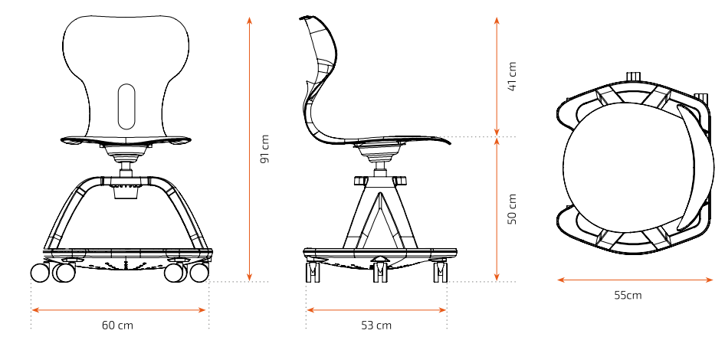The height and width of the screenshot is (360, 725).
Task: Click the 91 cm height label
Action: pyautogui.click(x=264, y=149)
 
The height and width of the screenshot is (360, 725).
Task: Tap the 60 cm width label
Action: pyautogui.click(x=117, y=326)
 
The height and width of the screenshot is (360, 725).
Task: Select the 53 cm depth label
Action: pyautogui.click(x=376, y=326)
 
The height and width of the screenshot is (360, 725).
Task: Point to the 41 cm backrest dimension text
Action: pyautogui.click(x=512, y=77)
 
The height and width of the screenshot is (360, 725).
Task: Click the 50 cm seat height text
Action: pyautogui.click(x=512, y=209)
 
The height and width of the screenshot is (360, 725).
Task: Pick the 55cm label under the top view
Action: pyautogui.click(x=628, y=295)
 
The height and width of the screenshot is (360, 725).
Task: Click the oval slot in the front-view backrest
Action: pyautogui.click(x=126, y=106)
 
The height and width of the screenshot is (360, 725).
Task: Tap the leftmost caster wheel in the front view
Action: pyautogui.click(x=40, y=273)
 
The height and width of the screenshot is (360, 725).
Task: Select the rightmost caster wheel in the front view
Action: pyautogui.click(x=199, y=273)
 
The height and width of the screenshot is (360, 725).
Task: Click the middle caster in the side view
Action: pyautogui.click(x=381, y=272)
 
